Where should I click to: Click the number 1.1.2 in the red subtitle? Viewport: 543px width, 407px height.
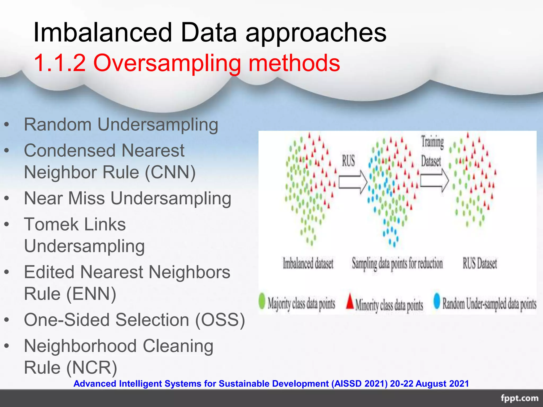point(60,63)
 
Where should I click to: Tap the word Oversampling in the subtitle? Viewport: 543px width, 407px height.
point(167,63)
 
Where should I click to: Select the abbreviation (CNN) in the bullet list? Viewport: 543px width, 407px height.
point(170,172)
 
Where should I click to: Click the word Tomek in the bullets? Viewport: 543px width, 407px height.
point(51,224)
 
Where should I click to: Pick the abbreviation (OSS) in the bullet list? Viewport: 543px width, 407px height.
point(220,320)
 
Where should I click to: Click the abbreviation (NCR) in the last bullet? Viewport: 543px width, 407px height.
point(91,368)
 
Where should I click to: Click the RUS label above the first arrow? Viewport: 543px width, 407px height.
point(348,161)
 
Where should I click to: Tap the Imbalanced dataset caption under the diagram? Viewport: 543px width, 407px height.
point(308,263)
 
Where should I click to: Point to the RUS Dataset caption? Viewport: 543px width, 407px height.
point(480,263)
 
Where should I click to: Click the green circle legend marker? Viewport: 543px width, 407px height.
point(262,301)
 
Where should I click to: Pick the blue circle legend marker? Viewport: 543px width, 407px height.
point(437,301)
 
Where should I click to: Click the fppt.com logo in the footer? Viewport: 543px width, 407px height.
point(519,398)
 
